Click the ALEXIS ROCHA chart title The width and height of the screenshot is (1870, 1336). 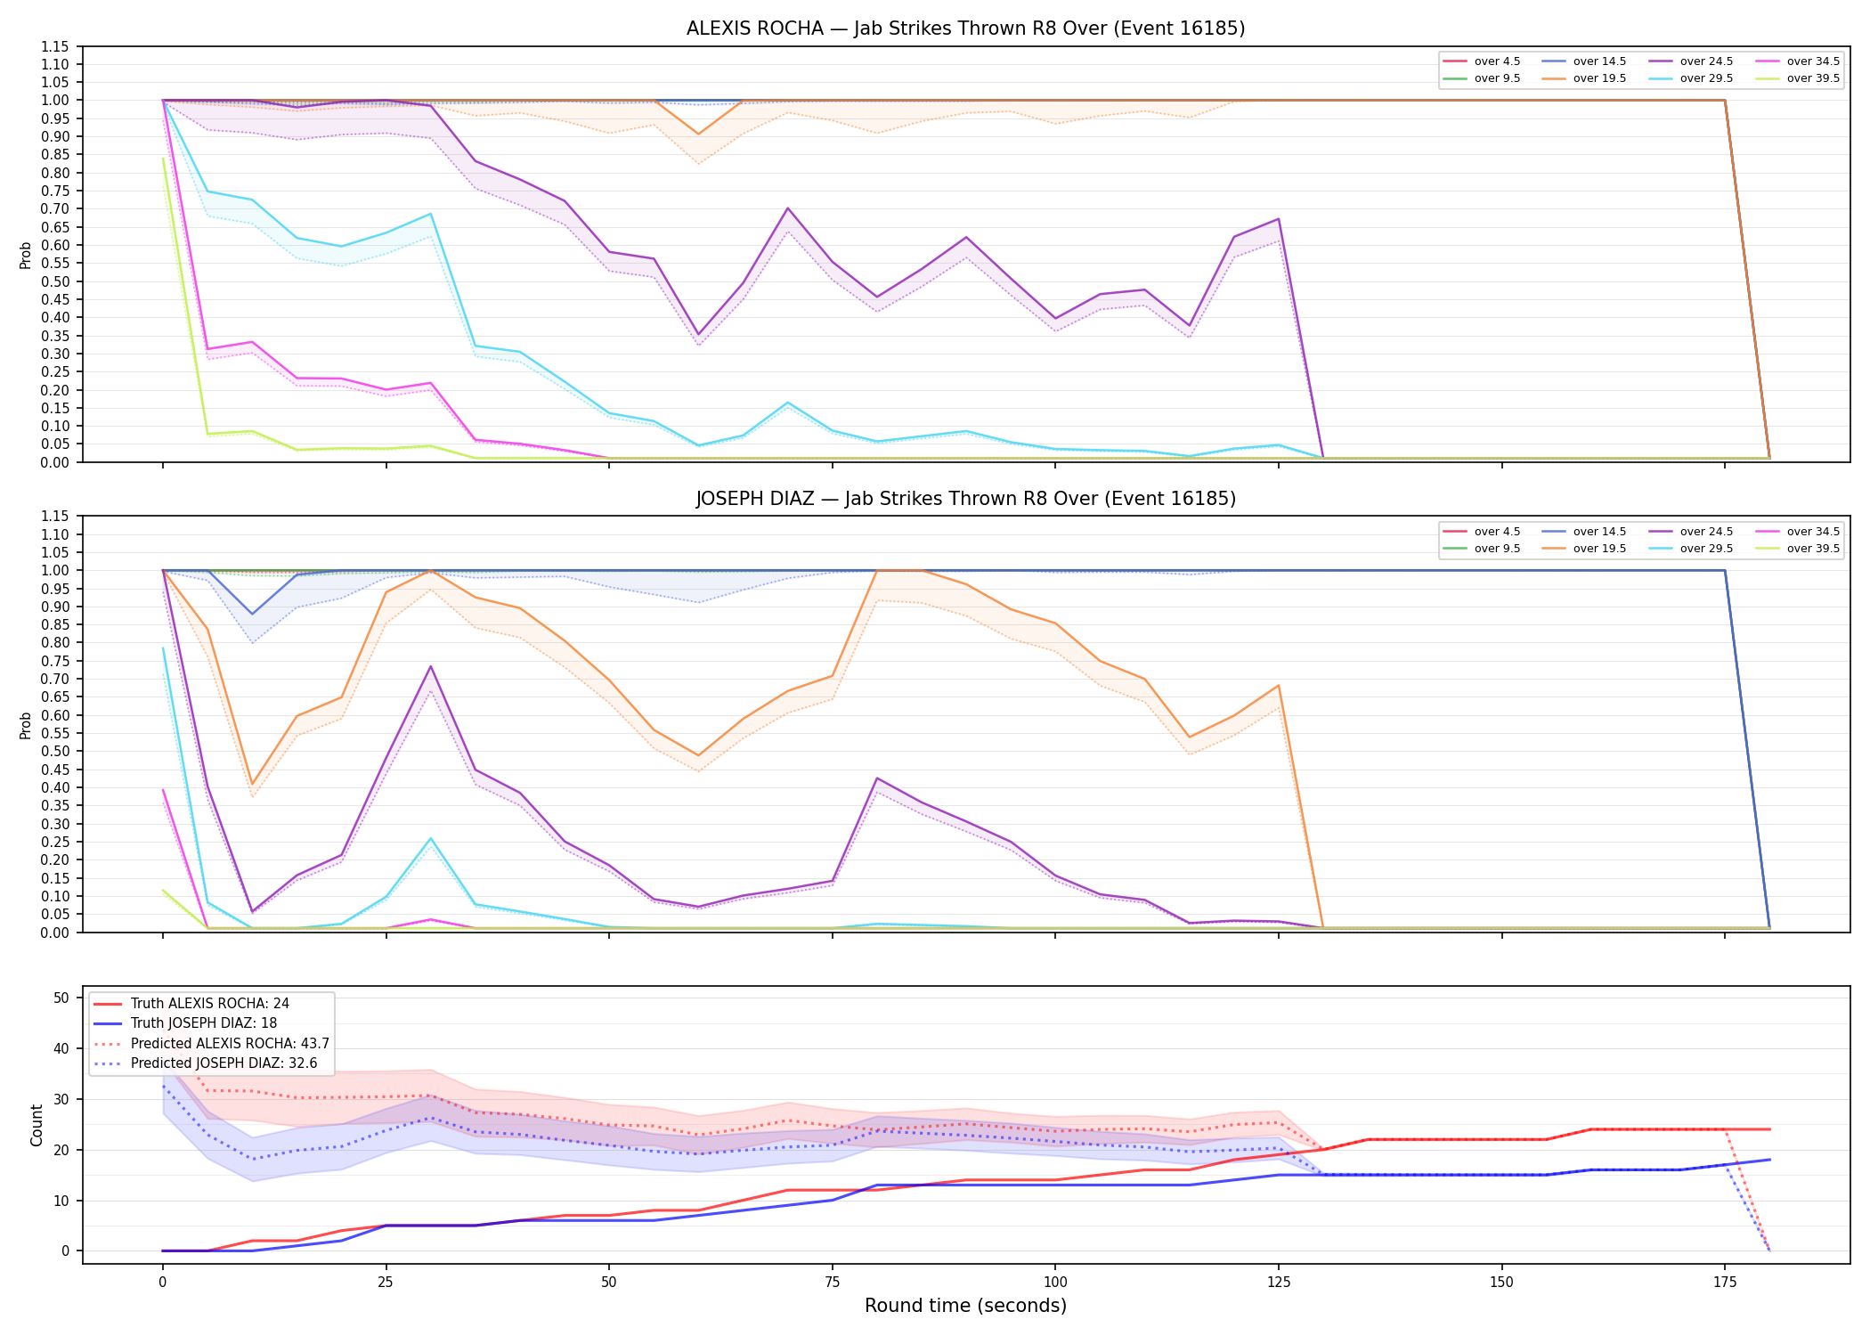point(965,29)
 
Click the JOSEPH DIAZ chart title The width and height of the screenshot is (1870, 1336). point(965,499)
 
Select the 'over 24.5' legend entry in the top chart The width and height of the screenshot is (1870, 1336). point(1690,61)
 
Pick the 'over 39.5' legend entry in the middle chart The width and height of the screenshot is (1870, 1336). point(1797,549)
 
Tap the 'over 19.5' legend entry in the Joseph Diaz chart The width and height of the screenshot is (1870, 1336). point(1583,549)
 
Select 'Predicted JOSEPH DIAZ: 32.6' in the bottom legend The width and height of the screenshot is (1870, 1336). point(211,1063)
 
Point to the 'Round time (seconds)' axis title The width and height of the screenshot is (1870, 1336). point(965,1306)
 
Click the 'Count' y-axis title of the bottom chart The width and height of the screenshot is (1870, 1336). point(37,1125)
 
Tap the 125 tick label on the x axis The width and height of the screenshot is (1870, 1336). point(1278,1283)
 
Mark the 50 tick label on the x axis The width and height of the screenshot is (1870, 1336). point(608,1283)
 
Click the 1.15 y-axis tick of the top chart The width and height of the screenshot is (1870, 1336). point(55,46)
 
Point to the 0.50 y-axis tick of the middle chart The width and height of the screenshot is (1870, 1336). point(55,752)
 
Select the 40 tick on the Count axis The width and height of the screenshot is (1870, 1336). point(61,1048)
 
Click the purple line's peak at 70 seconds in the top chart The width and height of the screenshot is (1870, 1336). point(787,208)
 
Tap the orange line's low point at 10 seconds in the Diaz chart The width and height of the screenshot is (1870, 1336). point(252,784)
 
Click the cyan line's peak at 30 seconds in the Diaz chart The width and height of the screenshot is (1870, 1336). point(430,838)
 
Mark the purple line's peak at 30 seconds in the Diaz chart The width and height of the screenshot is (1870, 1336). point(430,666)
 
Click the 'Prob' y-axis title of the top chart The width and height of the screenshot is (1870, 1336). point(26,256)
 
